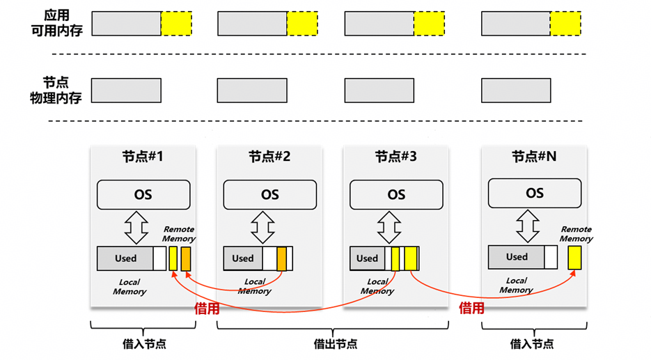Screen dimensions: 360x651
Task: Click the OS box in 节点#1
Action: (x=143, y=195)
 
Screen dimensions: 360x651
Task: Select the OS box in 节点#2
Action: (x=269, y=195)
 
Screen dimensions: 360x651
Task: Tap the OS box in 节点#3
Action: (x=396, y=195)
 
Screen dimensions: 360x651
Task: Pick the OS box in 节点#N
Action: (x=534, y=193)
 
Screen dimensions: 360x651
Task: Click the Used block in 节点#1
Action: (x=125, y=258)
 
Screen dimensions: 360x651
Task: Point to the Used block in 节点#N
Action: (x=516, y=257)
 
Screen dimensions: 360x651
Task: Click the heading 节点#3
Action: (x=395, y=157)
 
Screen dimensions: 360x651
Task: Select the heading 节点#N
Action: (x=534, y=157)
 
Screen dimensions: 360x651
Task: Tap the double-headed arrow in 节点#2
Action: (x=262, y=227)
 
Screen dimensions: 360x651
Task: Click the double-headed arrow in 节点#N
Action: (x=527, y=226)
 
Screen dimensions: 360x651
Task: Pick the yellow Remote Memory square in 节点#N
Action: (x=574, y=258)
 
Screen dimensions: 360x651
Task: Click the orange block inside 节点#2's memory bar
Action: (x=281, y=258)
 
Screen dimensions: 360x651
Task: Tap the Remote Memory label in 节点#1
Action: (x=179, y=234)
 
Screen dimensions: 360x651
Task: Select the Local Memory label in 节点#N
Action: (x=516, y=285)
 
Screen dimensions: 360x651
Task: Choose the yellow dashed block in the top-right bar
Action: (x=565, y=23)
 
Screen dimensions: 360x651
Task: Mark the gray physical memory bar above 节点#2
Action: (x=252, y=91)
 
